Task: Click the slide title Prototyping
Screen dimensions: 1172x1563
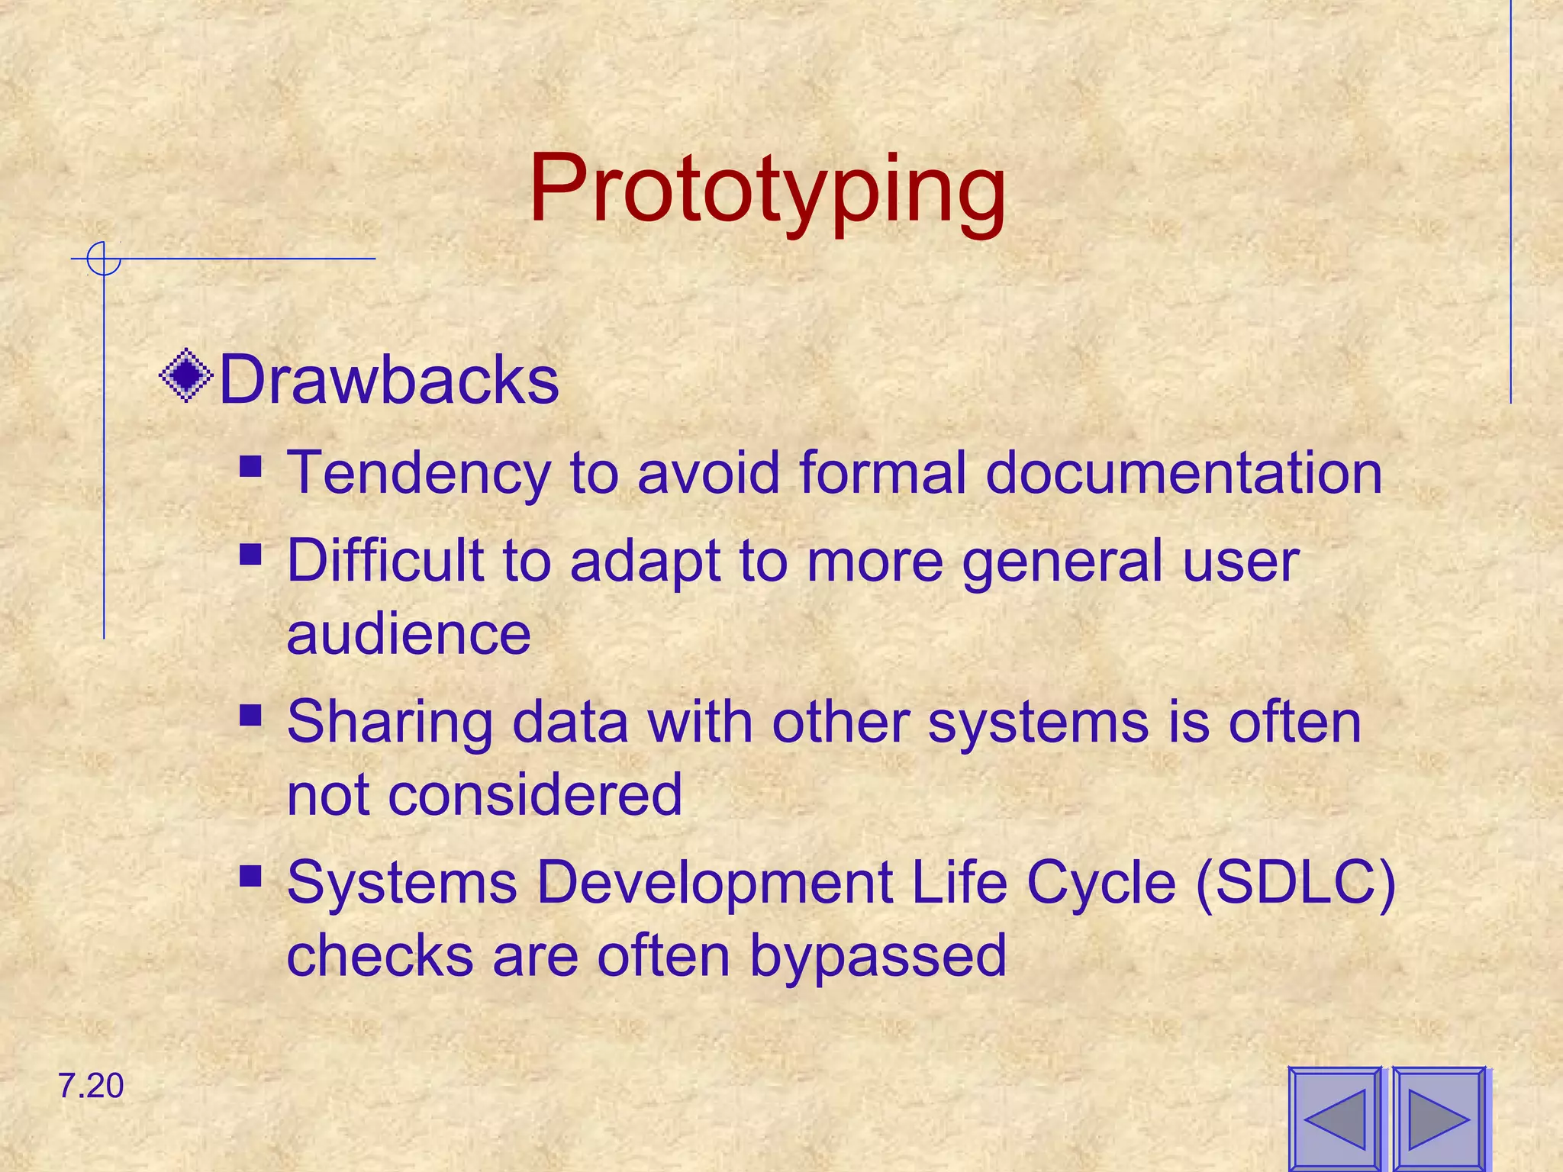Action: [767, 189]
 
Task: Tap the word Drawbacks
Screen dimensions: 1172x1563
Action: [389, 380]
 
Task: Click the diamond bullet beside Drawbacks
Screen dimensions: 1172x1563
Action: [186, 375]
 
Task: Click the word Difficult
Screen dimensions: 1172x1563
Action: [385, 561]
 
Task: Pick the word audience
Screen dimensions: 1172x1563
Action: [408, 634]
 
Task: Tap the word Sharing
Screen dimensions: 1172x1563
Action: [389, 723]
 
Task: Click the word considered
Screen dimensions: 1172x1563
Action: [534, 794]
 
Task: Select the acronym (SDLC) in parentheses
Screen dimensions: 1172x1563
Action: [1295, 883]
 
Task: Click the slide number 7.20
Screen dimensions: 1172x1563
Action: [90, 1086]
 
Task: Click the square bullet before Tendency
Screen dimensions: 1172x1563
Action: [250, 465]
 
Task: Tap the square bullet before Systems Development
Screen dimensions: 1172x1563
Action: [250, 875]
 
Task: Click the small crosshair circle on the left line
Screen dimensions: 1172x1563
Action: [103, 259]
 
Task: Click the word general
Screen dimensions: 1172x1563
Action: [1062, 561]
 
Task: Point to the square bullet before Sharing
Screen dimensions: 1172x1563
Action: [250, 715]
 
